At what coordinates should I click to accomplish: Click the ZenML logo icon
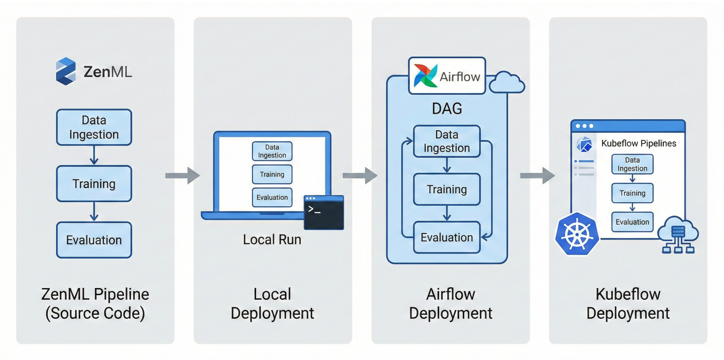pos(66,71)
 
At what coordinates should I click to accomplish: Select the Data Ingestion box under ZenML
pos(94,128)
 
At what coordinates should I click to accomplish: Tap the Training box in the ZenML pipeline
pos(94,184)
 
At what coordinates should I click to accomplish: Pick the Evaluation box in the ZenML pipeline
pos(94,240)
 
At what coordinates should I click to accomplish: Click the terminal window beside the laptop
pos(324,212)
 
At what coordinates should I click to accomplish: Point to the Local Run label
pos(272,240)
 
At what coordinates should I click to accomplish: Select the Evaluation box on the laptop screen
pos(272,197)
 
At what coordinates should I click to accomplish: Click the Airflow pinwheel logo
pos(426,76)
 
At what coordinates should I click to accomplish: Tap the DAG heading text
pos(447,109)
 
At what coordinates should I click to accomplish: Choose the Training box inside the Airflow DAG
pos(447,189)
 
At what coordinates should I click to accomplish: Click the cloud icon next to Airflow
pos(507,83)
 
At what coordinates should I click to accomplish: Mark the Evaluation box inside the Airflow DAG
pos(447,238)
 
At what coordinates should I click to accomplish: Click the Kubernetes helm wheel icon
pos(577,235)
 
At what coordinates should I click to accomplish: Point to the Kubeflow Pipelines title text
pos(639,143)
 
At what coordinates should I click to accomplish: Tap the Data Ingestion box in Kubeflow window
pos(632,165)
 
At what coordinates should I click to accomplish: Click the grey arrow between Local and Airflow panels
pos(360,175)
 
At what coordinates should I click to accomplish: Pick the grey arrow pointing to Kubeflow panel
pos(538,175)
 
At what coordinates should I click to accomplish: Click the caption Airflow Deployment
pos(450,304)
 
